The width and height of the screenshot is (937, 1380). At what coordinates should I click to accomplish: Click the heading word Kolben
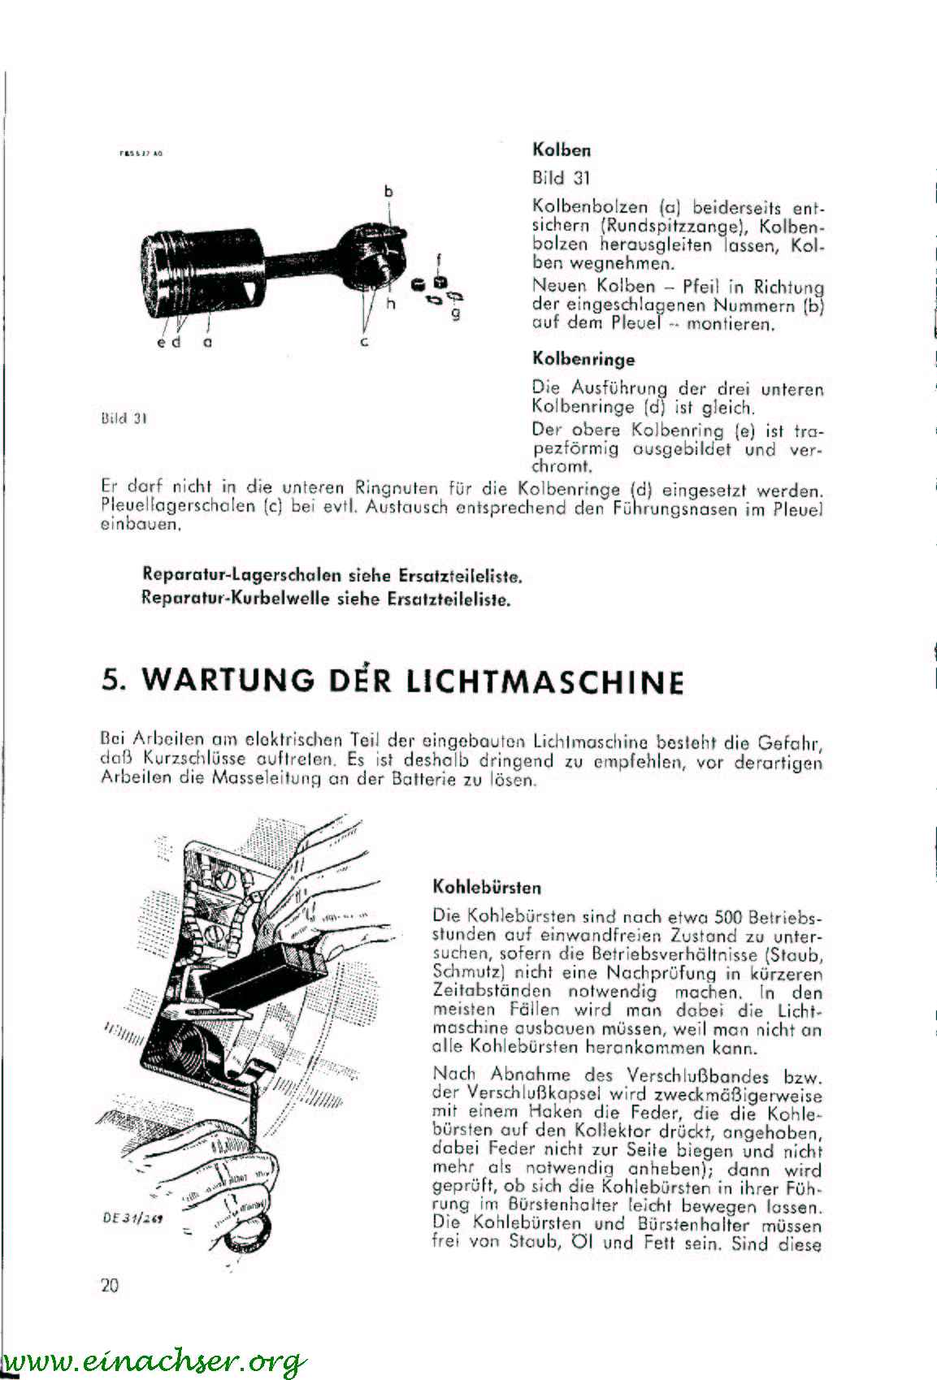pos(561,150)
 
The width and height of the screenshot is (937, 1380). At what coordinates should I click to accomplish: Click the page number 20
pos(110,1285)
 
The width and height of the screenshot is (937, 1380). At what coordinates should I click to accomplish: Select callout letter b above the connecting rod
pos(388,192)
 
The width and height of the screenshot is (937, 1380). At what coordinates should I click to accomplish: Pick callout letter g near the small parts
pos(456,313)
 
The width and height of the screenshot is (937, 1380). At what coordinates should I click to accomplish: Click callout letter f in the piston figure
pos(438,260)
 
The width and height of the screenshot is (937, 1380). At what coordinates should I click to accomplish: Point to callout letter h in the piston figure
pos(389,304)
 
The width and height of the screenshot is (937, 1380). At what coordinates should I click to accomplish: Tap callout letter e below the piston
pos(162,342)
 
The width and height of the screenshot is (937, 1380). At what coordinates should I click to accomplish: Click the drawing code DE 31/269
pos(132,1218)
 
